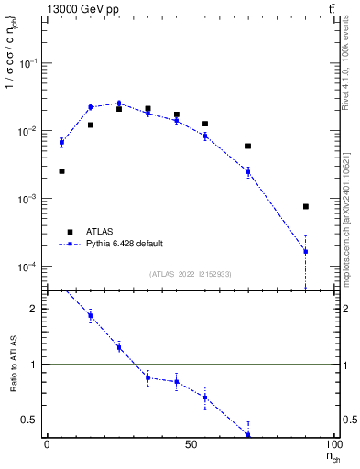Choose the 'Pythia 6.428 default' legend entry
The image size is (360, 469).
(x=124, y=244)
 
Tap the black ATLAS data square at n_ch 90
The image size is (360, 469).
(x=306, y=207)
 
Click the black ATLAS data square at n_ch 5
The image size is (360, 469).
(x=61, y=171)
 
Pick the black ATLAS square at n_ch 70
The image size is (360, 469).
(x=248, y=146)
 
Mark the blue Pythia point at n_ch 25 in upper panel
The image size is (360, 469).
(x=119, y=104)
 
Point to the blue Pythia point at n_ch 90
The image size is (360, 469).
(x=306, y=251)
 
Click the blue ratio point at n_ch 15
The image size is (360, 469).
(x=90, y=316)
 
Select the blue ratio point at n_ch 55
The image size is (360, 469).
(x=205, y=397)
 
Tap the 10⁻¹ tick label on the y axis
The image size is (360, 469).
(x=27, y=63)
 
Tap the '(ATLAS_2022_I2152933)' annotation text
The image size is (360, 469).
(x=191, y=274)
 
